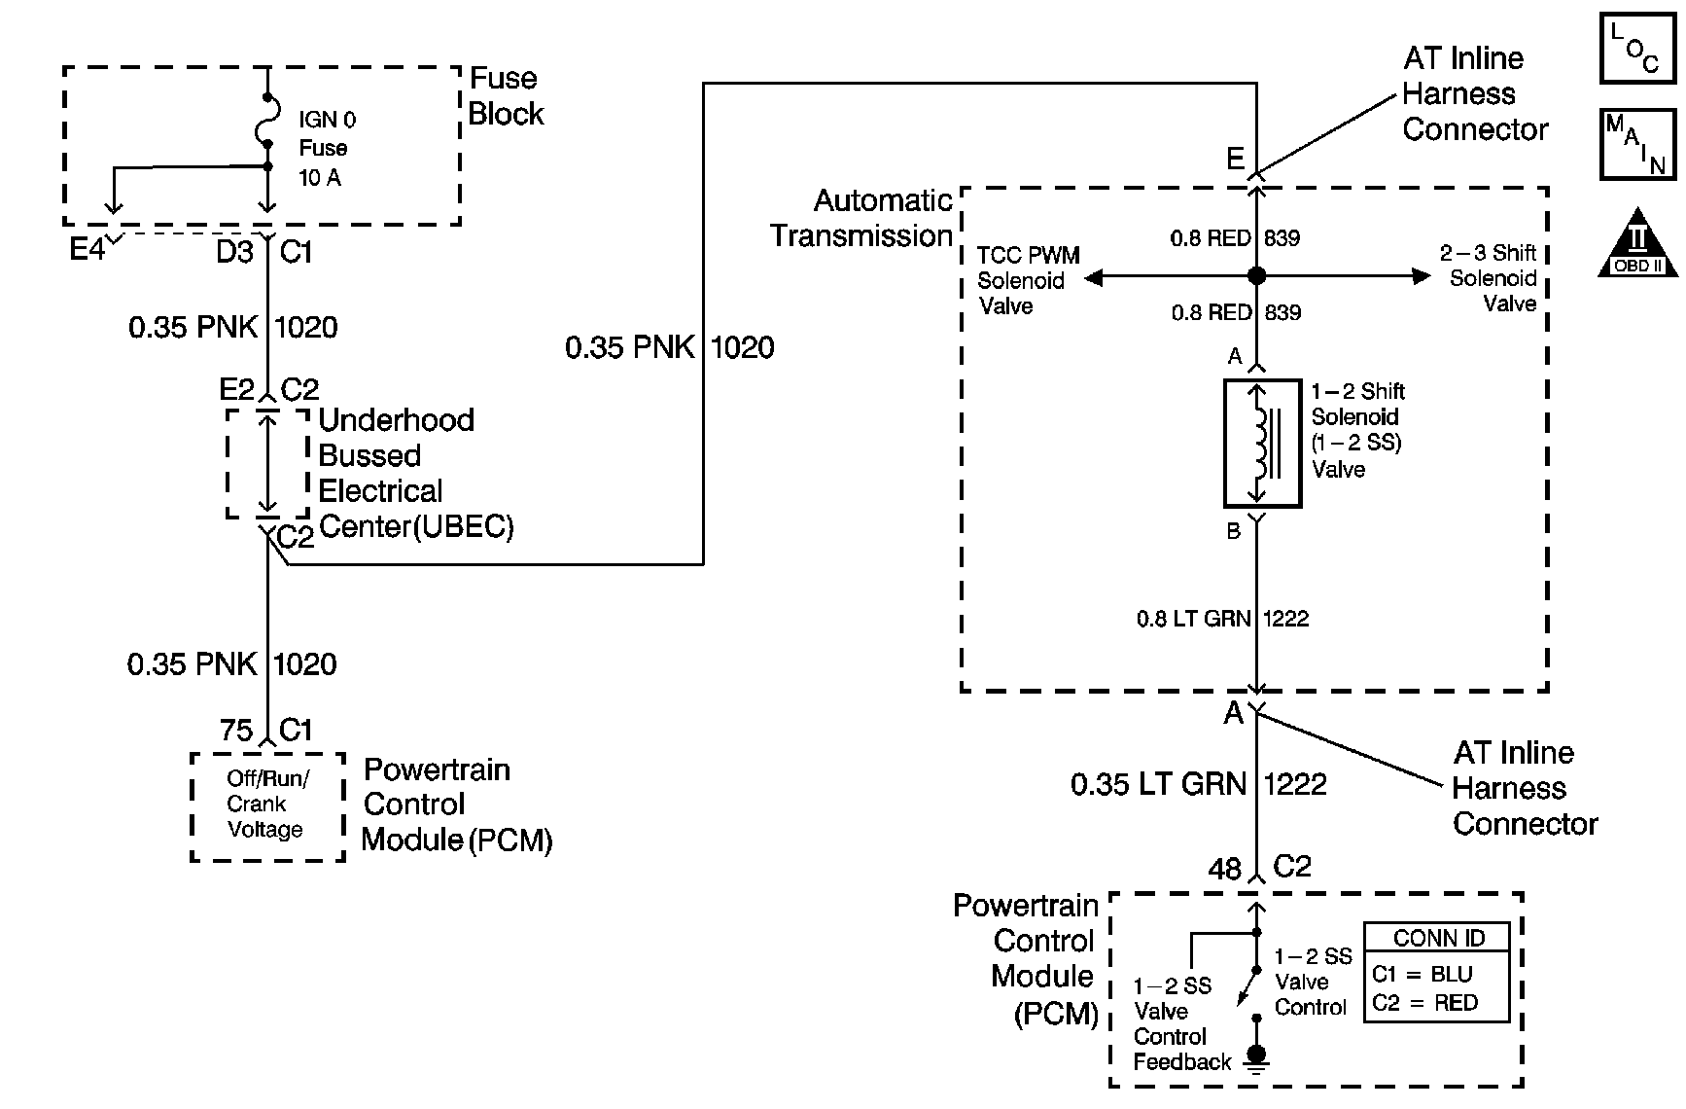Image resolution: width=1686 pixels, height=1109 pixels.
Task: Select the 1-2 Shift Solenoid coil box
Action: click(x=1262, y=444)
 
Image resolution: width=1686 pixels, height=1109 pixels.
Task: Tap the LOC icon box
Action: click(x=1637, y=47)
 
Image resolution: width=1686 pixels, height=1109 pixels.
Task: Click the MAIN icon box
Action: click(x=1637, y=144)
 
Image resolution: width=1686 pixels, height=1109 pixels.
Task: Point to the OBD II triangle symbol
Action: click(x=1638, y=243)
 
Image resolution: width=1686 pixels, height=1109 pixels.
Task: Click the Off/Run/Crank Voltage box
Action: click(x=267, y=806)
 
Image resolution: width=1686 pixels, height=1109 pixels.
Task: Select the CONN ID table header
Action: click(x=1438, y=938)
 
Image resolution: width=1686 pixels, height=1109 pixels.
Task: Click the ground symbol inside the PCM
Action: click(x=1256, y=1056)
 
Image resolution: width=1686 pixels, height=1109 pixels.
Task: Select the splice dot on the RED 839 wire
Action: click(x=1256, y=276)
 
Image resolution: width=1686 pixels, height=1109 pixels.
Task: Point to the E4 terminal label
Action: click(x=87, y=250)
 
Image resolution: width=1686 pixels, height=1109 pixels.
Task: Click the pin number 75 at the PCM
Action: click(x=236, y=731)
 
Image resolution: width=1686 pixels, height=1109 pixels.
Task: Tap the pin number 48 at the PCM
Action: click(x=1225, y=869)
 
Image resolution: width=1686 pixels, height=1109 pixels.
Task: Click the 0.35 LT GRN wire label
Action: click(x=1158, y=784)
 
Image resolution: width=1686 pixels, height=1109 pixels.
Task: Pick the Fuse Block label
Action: click(x=505, y=96)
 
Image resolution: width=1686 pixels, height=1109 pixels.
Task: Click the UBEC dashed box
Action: click(x=267, y=464)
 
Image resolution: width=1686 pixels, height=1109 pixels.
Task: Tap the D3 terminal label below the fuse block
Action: click(x=234, y=252)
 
